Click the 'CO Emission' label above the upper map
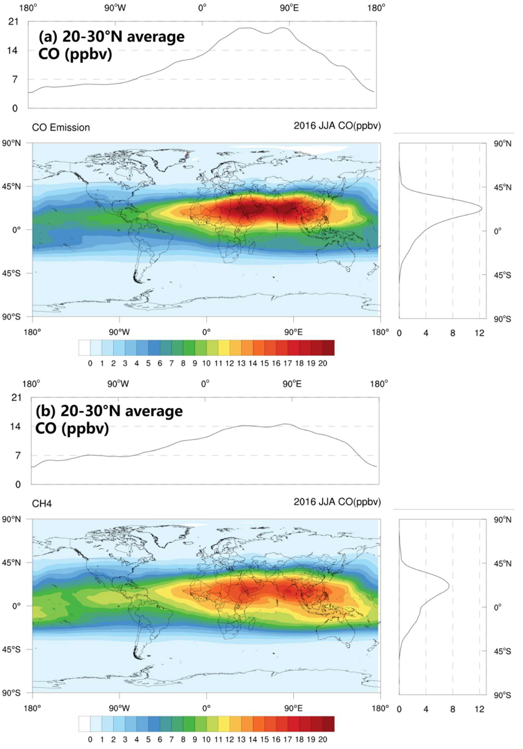(x=61, y=127)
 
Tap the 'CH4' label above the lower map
(x=42, y=504)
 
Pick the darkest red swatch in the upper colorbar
(x=328, y=348)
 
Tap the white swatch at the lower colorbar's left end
(x=84, y=724)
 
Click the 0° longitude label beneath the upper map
(x=206, y=332)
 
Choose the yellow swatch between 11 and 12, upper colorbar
(x=224, y=348)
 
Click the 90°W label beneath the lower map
(x=119, y=708)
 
